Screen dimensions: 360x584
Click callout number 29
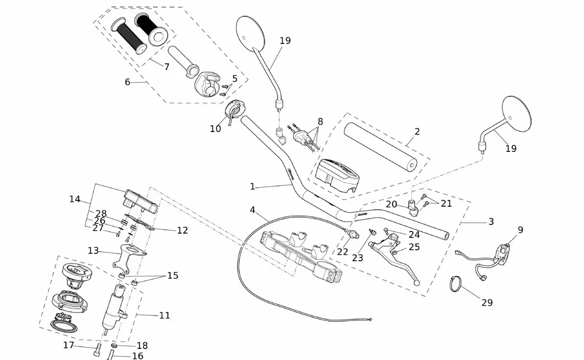coord(487,303)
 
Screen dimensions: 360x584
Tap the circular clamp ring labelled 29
coord(460,285)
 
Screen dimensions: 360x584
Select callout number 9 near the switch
coord(520,230)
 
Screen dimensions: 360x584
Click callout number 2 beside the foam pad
coord(417,132)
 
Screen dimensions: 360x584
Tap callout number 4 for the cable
coord(252,209)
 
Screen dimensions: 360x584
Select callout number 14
coord(75,199)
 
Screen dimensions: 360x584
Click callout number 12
coord(182,231)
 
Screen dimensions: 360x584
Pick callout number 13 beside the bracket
coord(93,251)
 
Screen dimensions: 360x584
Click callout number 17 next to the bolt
coord(69,345)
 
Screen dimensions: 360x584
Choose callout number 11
coord(165,316)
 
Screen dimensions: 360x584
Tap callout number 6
coord(127,82)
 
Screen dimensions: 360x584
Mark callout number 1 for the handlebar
coord(252,187)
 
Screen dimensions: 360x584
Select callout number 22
coord(343,251)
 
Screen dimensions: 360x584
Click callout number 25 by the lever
coord(414,247)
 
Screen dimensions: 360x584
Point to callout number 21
coord(446,203)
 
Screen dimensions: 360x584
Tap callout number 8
coord(320,122)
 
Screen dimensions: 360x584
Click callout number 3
coord(491,222)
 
